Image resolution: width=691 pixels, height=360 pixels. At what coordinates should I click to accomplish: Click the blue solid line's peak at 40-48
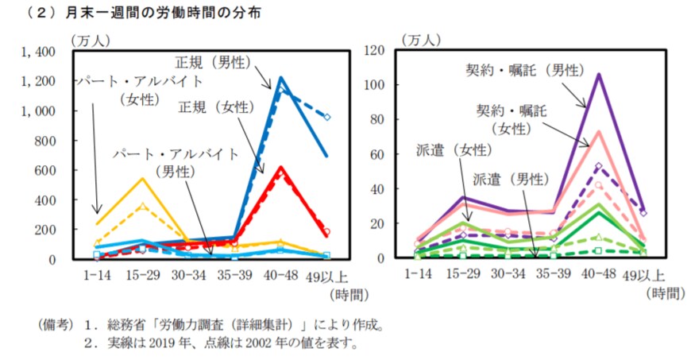pos(280,78)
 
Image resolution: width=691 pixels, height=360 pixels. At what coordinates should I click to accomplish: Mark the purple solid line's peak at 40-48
pos(598,75)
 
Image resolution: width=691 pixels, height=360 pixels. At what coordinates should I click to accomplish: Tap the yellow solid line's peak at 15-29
pos(142,178)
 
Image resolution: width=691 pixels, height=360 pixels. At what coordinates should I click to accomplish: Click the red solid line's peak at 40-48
pos(280,168)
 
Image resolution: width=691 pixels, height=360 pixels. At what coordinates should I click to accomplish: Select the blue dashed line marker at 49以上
pos(326,117)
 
